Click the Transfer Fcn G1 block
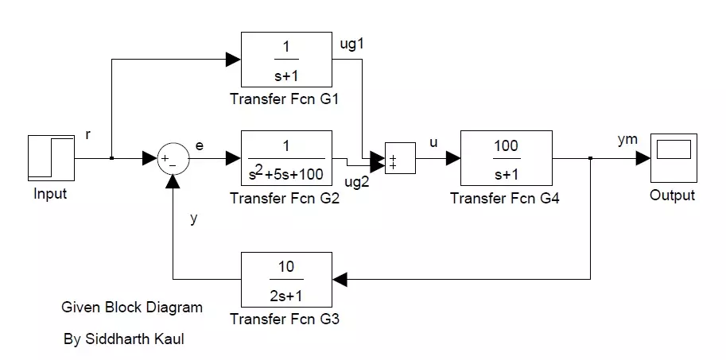[286, 59]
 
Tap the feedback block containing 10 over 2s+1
[286, 278]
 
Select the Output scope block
[672, 159]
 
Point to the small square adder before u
[398, 159]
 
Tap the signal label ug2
[356, 182]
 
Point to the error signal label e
[199, 145]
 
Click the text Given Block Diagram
[131, 307]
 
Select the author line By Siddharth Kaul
[126, 339]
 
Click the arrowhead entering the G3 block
[340, 279]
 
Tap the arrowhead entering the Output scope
[643, 159]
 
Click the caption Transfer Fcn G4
[504, 199]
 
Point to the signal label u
[433, 143]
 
